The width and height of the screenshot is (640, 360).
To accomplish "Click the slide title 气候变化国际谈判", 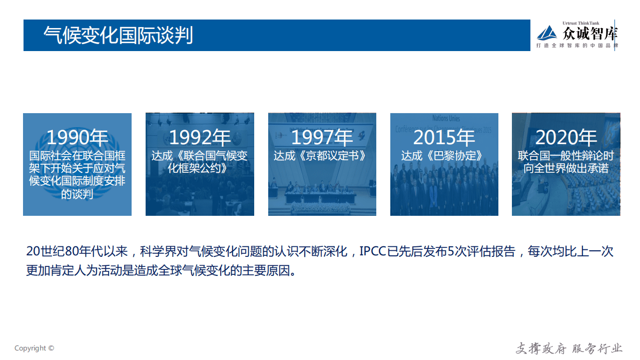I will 118,36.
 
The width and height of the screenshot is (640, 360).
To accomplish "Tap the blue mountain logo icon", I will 547,33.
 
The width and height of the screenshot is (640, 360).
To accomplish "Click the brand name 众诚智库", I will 590,34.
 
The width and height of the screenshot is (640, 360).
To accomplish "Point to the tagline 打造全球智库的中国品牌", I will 577,46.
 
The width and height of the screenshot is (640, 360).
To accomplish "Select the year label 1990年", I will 77,137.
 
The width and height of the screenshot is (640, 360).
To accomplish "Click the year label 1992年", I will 200,137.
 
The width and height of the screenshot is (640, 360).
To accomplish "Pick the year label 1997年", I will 322,137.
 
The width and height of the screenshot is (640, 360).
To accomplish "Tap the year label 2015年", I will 444,137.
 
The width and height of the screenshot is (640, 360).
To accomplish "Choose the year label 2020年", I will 566,137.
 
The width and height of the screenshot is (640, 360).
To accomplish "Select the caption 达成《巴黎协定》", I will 444,156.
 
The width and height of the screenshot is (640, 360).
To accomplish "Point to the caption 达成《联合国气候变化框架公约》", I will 200,162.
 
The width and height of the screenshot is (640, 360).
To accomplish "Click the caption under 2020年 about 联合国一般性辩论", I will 566,162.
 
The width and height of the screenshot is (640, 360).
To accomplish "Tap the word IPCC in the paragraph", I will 372,251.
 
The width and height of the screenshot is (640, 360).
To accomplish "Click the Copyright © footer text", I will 34,348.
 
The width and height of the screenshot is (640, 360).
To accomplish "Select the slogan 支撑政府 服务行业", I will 569,348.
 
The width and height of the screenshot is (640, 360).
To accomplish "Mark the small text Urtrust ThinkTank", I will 580,23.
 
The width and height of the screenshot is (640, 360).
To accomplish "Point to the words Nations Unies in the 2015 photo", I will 446,119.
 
